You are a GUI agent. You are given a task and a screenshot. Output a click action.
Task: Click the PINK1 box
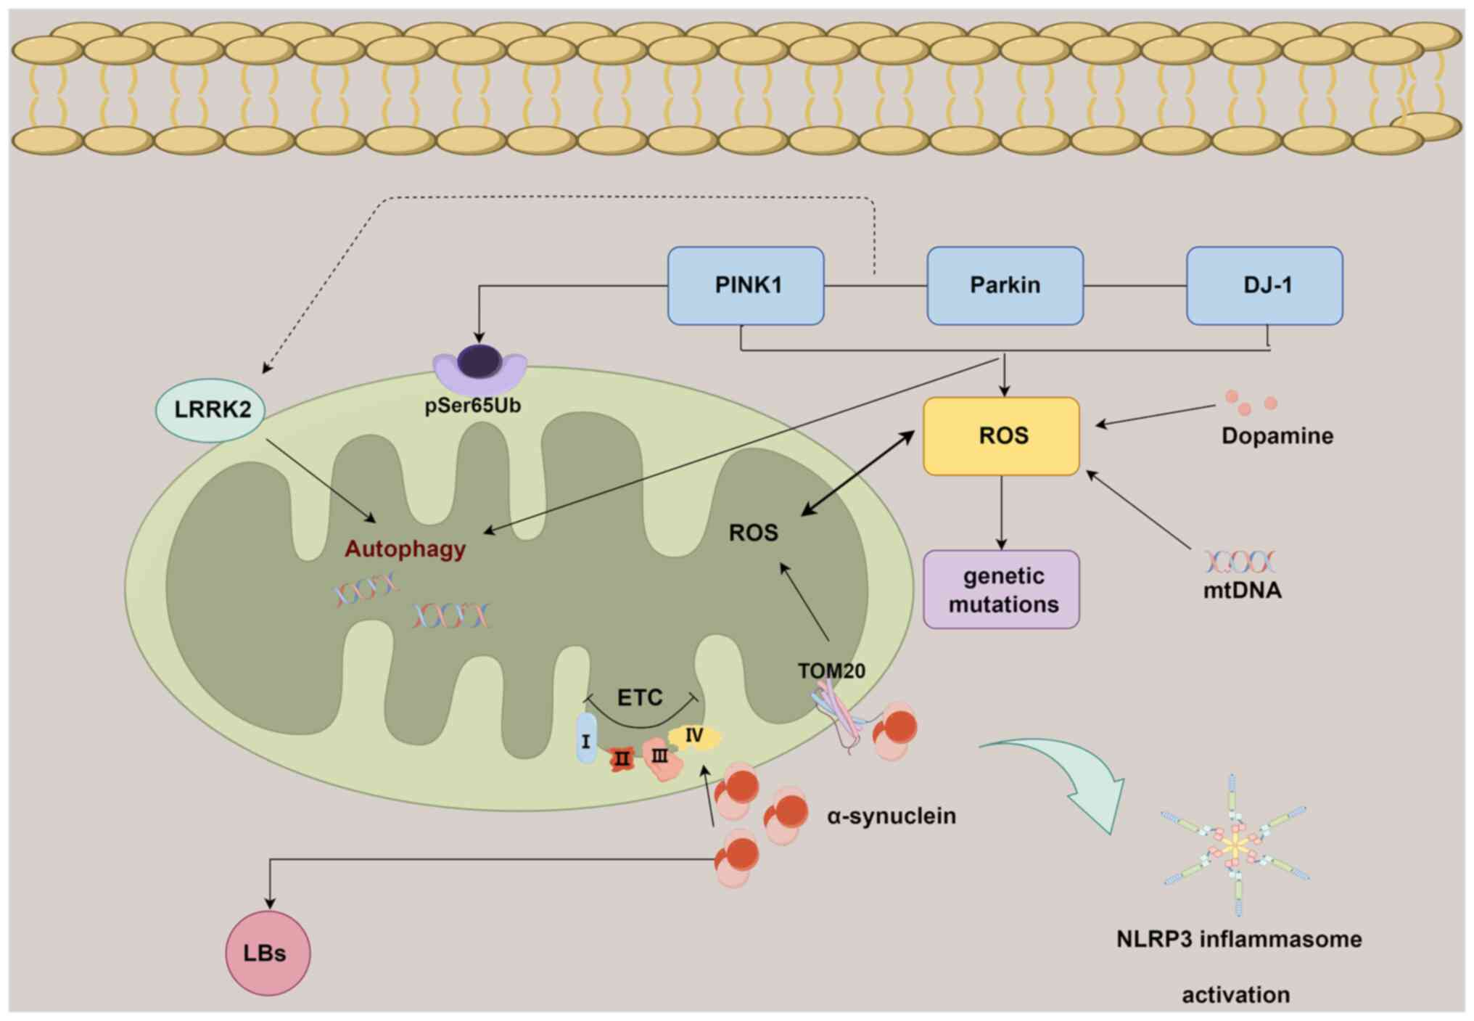746,285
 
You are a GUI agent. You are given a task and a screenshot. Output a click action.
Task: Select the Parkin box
1005,285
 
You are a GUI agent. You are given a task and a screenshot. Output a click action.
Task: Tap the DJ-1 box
1264,285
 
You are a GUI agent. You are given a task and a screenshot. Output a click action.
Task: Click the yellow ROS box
1001,436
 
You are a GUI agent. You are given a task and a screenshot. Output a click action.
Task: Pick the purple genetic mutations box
1001,589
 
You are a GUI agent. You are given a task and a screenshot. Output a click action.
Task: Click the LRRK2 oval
210,410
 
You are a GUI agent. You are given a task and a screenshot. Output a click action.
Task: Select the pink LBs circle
268,953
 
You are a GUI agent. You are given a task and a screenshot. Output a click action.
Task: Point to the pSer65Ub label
472,406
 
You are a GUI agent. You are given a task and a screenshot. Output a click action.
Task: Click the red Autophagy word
405,549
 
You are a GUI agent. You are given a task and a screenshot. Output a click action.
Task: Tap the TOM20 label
831,671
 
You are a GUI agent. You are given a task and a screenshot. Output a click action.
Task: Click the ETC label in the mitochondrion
639,697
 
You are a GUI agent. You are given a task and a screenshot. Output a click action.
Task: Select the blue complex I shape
586,739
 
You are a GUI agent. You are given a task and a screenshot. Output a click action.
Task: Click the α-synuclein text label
891,816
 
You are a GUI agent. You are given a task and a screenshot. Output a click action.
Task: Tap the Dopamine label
1277,436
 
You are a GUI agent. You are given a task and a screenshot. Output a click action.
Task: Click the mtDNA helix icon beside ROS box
1240,562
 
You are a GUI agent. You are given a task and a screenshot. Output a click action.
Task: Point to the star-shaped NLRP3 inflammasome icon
1235,845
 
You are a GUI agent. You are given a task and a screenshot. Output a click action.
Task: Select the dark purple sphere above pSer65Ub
479,361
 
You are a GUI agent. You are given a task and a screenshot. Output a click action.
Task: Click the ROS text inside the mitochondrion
753,533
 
